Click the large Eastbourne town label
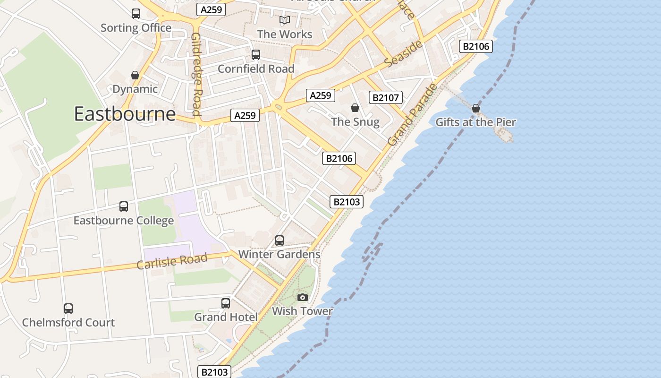125,114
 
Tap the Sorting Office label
136,28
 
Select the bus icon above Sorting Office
136,14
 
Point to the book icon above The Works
284,20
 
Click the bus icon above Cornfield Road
256,55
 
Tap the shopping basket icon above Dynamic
135,75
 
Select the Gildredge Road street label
197,74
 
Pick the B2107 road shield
386,98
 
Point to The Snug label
355,122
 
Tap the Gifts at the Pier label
475,122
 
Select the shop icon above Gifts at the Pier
476,109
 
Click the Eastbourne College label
124,221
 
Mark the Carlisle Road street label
172,261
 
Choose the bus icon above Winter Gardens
280,241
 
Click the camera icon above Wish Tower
303,297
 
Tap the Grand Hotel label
226,317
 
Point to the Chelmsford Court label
68,323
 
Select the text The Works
285,34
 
